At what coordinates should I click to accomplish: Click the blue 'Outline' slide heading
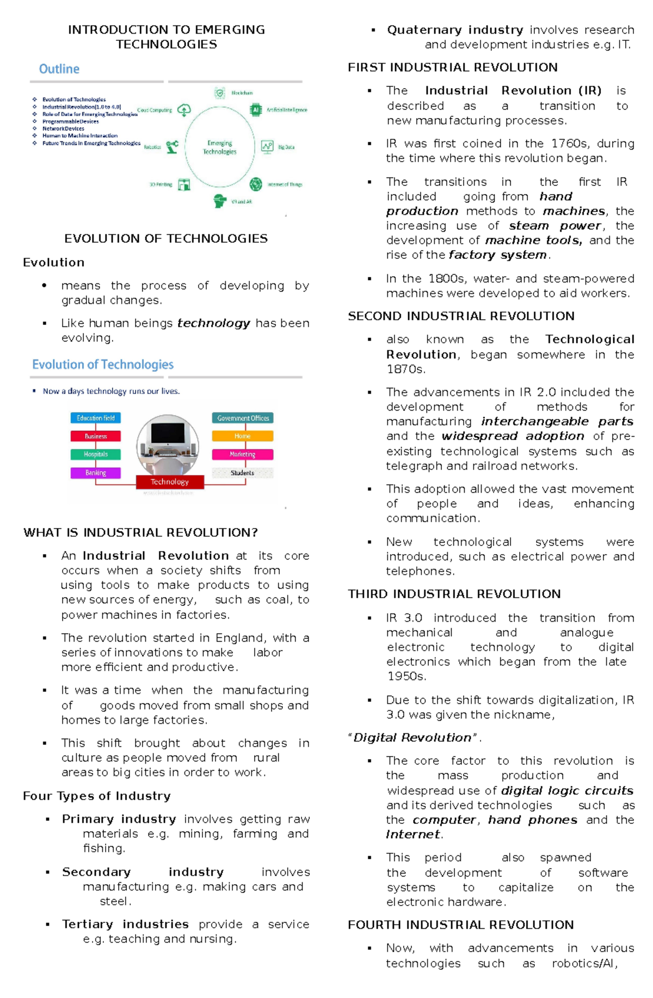pyautogui.click(x=59, y=69)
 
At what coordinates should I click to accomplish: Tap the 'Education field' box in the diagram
pyautogui.click(x=95, y=418)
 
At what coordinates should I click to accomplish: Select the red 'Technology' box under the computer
pyautogui.click(x=170, y=481)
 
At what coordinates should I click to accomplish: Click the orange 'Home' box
pyautogui.click(x=242, y=436)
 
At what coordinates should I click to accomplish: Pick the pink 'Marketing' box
pyautogui.click(x=242, y=454)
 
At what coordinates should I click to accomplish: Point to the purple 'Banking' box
pyautogui.click(x=95, y=473)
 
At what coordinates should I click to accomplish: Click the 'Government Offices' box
pyautogui.click(x=243, y=418)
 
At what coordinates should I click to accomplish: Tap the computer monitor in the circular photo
pyautogui.click(x=168, y=433)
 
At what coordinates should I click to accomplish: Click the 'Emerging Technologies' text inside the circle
pyautogui.click(x=220, y=147)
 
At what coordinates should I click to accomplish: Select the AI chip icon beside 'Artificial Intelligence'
pyautogui.click(x=256, y=110)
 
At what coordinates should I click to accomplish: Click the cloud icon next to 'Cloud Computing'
pyautogui.click(x=184, y=110)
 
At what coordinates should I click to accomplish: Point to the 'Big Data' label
pyautogui.click(x=286, y=147)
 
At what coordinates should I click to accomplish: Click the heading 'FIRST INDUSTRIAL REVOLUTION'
pyautogui.click(x=452, y=67)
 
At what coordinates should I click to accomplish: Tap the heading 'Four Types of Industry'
pyautogui.click(x=97, y=796)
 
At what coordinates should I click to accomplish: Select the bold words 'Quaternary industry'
pyautogui.click(x=455, y=30)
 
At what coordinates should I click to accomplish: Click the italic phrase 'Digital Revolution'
pyautogui.click(x=412, y=737)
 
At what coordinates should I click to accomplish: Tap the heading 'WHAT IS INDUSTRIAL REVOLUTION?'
pyautogui.click(x=140, y=532)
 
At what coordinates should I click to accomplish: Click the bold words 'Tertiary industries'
pyautogui.click(x=125, y=924)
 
